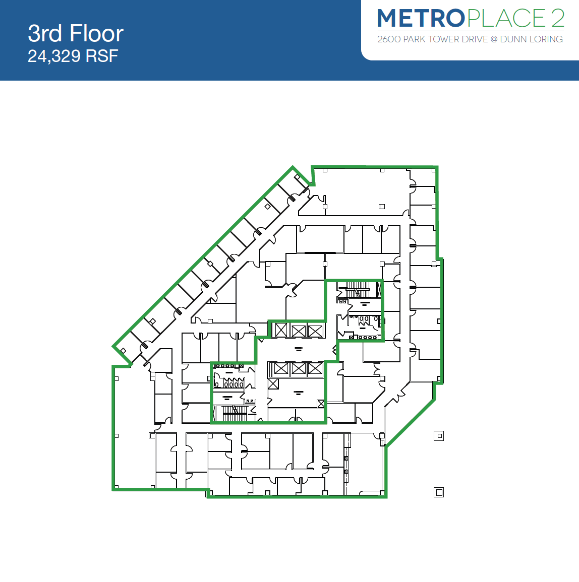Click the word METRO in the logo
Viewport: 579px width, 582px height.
[x=420, y=19]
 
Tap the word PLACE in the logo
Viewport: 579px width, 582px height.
[x=506, y=19]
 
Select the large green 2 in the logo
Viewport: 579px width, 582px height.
[x=557, y=19]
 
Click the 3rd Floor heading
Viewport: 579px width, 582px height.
[x=76, y=34]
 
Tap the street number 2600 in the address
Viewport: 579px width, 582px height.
[x=389, y=39]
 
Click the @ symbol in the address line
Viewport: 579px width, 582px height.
[x=494, y=39]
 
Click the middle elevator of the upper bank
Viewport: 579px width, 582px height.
[x=299, y=331]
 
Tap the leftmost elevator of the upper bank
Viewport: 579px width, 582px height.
[x=281, y=331]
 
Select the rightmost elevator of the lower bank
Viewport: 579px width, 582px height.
[x=315, y=369]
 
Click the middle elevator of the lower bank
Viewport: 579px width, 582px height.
[x=299, y=369]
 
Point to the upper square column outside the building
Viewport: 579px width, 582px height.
[x=439, y=436]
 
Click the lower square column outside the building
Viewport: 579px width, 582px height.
[x=439, y=492]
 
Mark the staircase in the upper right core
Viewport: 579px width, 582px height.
[x=358, y=290]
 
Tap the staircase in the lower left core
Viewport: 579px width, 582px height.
[x=235, y=414]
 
